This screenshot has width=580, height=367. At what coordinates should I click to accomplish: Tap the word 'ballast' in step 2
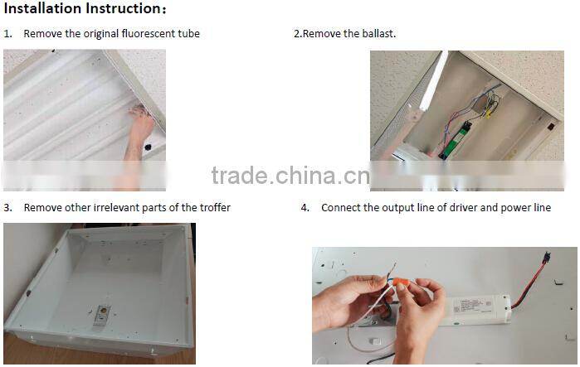point(378,34)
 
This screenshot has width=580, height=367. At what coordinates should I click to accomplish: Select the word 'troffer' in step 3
point(215,207)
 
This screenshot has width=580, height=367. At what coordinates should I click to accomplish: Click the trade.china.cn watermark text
point(290,176)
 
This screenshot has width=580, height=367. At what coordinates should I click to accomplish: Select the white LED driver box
point(478,310)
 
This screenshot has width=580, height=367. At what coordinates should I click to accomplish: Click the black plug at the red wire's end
point(547,257)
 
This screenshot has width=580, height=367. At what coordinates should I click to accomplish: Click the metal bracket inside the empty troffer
point(102,316)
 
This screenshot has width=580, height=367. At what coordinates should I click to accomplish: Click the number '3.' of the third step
point(7,207)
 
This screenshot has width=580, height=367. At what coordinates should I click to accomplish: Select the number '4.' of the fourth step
point(305,207)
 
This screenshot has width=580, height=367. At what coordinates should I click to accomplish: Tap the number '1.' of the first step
point(7,34)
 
